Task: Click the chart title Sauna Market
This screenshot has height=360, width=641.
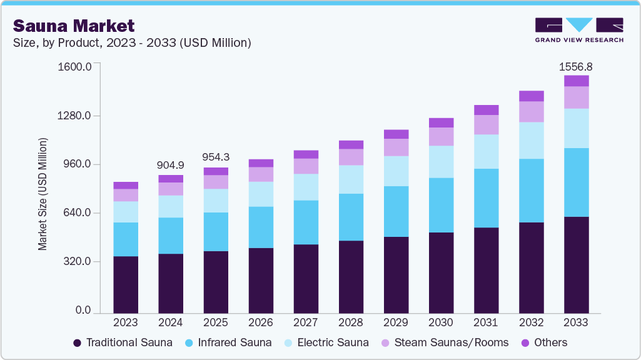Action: pyautogui.click(x=74, y=26)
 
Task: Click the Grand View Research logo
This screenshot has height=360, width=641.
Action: pyautogui.click(x=579, y=30)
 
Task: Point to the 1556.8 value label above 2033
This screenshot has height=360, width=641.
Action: pyautogui.click(x=576, y=66)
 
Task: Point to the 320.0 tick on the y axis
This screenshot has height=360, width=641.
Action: pyautogui.click(x=78, y=262)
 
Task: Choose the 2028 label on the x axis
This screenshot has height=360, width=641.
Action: pyautogui.click(x=351, y=322)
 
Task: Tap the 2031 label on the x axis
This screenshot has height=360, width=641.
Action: pyautogui.click(x=486, y=322)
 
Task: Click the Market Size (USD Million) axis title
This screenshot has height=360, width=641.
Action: pyautogui.click(x=43, y=194)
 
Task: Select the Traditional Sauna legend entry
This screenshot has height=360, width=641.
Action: pyautogui.click(x=123, y=342)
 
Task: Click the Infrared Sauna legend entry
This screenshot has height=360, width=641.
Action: pyautogui.click(x=228, y=342)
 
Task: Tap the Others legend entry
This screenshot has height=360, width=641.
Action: pyautogui.click(x=544, y=342)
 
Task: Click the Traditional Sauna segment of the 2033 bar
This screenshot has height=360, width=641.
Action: pyautogui.click(x=576, y=264)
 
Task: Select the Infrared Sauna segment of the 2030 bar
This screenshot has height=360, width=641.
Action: pyautogui.click(x=441, y=205)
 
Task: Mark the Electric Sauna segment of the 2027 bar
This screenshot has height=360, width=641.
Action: pyautogui.click(x=306, y=187)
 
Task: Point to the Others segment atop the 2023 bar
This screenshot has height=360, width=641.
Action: pyautogui.click(x=126, y=185)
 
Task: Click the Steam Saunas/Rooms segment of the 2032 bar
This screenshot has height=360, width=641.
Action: pyautogui.click(x=531, y=111)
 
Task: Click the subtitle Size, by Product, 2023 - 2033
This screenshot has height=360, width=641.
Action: pyautogui.click(x=132, y=42)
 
